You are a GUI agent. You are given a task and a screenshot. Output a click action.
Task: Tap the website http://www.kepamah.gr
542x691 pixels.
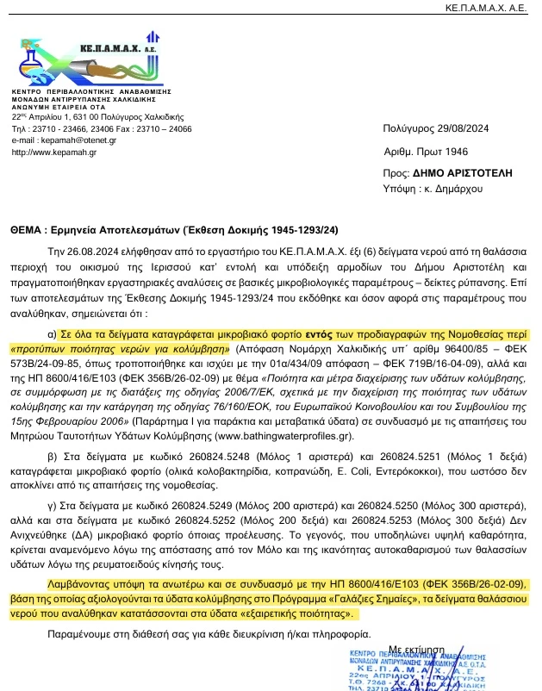click(x=53, y=153)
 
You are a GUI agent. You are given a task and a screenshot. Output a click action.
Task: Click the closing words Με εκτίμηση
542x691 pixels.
click(x=421, y=646)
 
